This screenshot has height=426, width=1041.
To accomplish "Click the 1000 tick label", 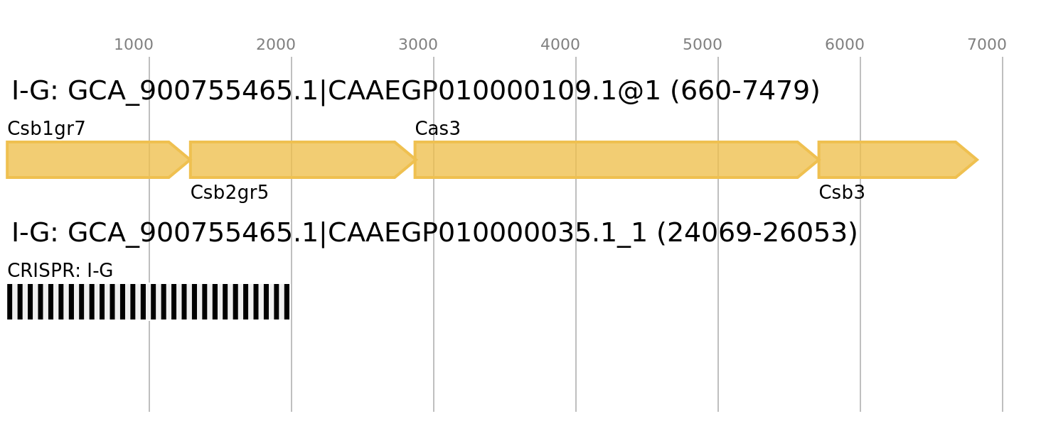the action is pos(134,45).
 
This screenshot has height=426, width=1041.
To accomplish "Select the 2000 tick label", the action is pos(276,45).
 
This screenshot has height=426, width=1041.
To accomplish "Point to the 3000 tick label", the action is pos(418,45).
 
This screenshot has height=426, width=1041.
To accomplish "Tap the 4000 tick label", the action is pos(560,45).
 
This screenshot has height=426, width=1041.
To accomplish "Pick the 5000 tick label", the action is pos(703,45).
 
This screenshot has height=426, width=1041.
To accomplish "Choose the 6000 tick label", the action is pos(845,45).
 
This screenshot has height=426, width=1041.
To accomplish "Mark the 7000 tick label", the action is pos(987,45).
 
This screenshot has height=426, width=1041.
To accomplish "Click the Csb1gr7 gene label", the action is pos(46,129).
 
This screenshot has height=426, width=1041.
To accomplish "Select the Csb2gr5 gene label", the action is pos(230,192).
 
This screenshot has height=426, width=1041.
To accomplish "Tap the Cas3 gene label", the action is pos(437,129).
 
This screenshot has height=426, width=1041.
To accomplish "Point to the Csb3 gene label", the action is pos(842,192).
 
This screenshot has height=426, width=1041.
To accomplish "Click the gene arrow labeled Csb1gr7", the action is pos(98,160).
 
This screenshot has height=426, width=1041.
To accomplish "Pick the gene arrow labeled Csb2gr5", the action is pos(302,160).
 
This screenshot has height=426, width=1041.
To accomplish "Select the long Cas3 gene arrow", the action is pos(616,160).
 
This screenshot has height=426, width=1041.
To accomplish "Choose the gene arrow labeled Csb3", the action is pos(898,160).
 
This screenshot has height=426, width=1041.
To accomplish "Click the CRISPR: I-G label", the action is pos(60,271).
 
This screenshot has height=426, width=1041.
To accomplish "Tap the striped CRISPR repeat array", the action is pos(148,302).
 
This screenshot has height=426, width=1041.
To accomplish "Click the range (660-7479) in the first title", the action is pos(744,90).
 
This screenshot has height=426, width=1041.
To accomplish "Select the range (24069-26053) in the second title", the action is pos(757,232).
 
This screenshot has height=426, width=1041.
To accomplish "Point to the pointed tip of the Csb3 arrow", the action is pos(978,160).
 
